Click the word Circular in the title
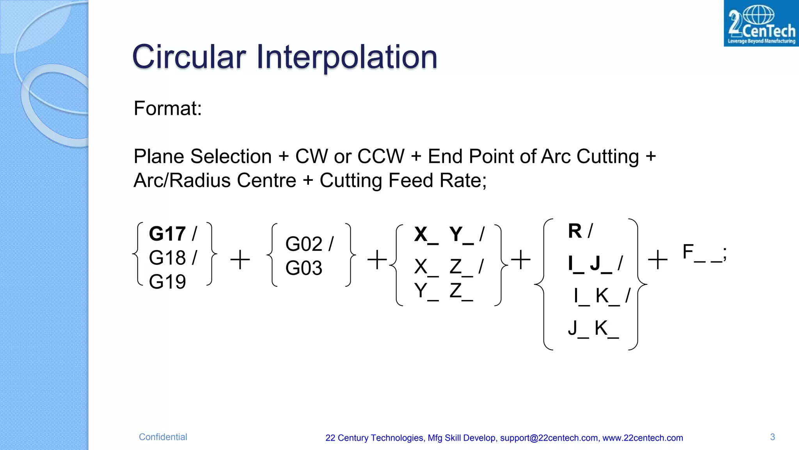[189, 57]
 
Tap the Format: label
[168, 108]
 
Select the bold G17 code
[167, 234]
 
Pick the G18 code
[167, 258]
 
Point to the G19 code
[167, 282]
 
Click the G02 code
[304, 244]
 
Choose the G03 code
[304, 268]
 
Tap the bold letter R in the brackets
[575, 231]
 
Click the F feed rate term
[688, 252]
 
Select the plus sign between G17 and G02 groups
[240, 260]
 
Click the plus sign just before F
[658, 260]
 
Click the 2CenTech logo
[761, 23]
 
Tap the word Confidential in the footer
[163, 437]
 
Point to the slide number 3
[772, 437]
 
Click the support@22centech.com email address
[549, 438]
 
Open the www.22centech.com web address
[643, 438]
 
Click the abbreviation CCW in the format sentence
[381, 156]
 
